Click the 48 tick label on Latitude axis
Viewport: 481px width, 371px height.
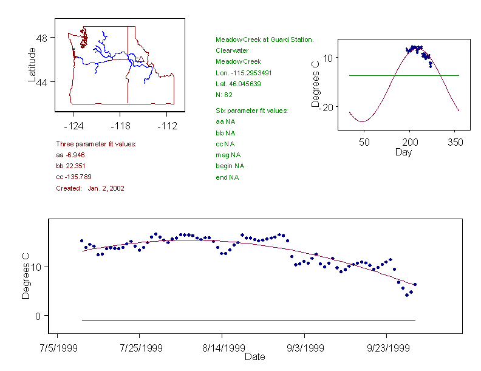(x=42, y=38)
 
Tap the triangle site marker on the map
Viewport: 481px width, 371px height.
(x=141, y=59)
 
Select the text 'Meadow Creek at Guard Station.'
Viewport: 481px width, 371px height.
(x=264, y=39)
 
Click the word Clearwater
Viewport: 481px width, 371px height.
(x=232, y=50)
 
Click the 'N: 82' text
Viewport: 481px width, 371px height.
(x=224, y=94)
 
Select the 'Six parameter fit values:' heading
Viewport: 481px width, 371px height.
(x=251, y=111)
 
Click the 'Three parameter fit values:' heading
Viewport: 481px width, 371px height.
(x=96, y=144)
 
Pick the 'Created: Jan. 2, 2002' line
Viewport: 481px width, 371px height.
(x=90, y=188)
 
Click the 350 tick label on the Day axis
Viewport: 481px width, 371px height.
(x=455, y=142)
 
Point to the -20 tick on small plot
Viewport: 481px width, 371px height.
(x=322, y=107)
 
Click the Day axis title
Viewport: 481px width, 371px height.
(x=403, y=152)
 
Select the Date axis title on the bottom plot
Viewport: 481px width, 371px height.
(x=254, y=357)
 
